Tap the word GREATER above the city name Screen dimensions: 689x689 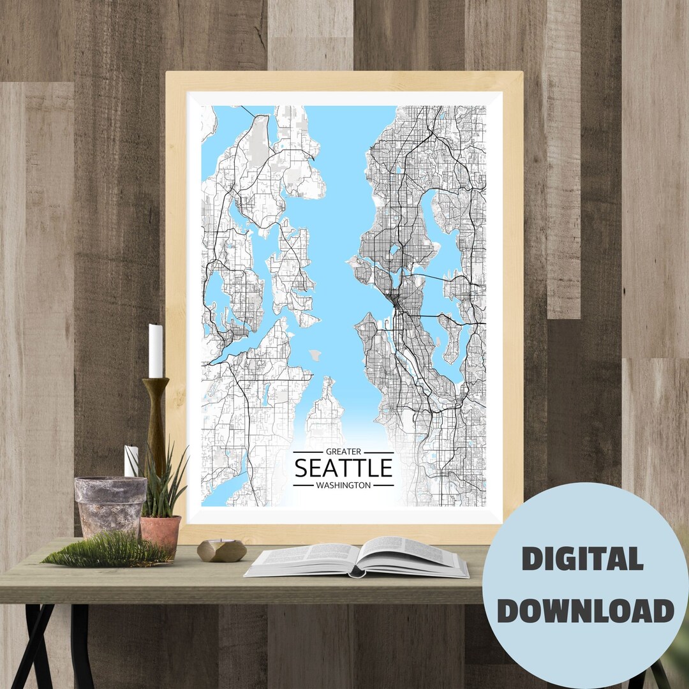[343, 452]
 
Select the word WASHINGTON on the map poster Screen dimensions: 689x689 [343, 485]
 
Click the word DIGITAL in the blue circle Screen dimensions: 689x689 [582, 559]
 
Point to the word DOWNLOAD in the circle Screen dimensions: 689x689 [586, 611]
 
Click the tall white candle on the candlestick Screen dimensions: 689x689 [156, 351]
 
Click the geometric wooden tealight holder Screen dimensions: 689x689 [221, 550]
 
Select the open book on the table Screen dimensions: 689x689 [357, 556]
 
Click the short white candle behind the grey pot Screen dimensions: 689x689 [131, 461]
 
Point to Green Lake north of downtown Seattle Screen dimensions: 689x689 [395, 249]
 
